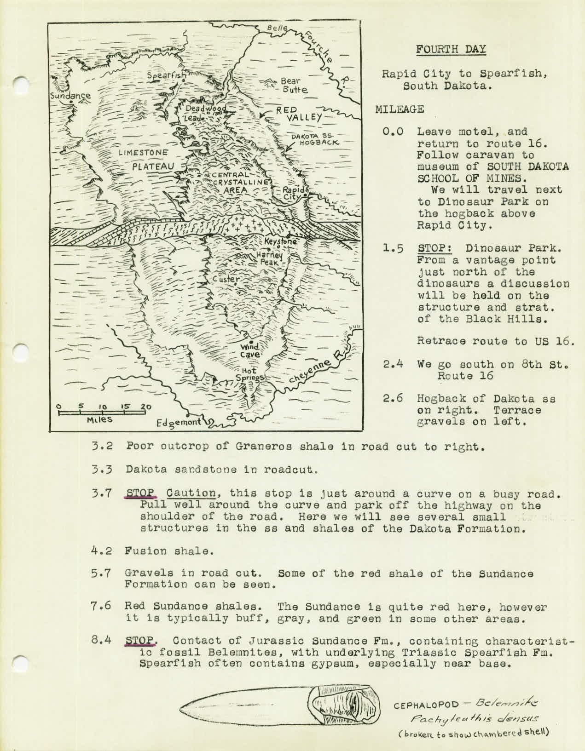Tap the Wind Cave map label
coord(250,351)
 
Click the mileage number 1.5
coord(394,249)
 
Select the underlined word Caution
coord(191,493)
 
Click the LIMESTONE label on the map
coord(143,152)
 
